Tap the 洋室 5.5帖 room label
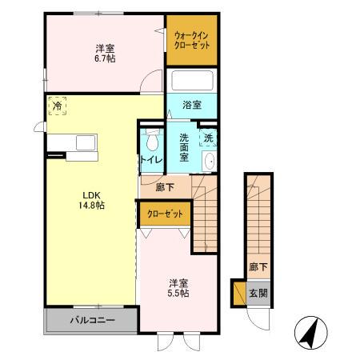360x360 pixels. pos(178,288)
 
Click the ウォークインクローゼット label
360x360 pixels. pos(191,39)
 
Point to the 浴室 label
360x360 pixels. pos(190,105)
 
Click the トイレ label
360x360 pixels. pos(151,160)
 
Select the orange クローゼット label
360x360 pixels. pos(165,214)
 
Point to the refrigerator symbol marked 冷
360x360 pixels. pos(57,106)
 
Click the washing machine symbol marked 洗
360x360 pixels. pos(207,137)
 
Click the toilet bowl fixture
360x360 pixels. pos(152,142)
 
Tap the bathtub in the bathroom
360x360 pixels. pos(191,81)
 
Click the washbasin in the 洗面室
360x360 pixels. pos(209,162)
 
